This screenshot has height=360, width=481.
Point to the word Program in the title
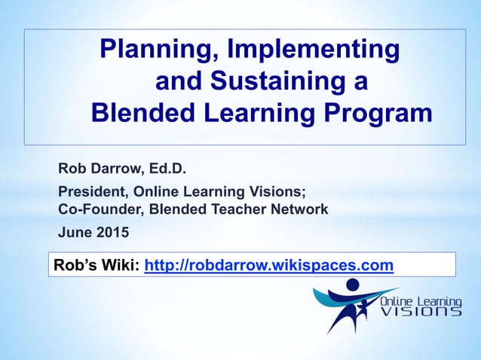378,113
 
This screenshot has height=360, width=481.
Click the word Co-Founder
95,209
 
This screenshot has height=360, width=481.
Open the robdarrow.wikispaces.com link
268,264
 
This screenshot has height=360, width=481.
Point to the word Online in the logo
398,299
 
